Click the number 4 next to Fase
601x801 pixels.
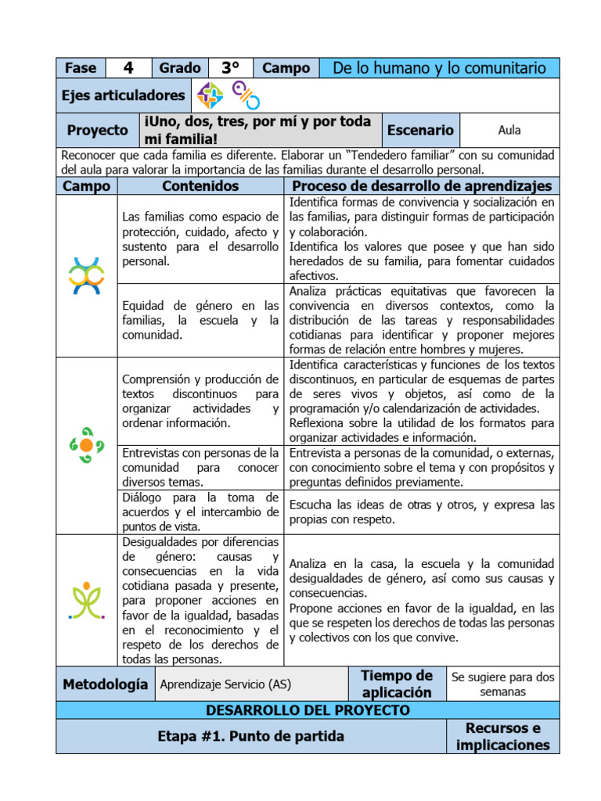[x=128, y=68]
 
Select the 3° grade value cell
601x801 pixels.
[x=229, y=68]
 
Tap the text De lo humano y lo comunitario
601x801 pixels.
[x=439, y=68]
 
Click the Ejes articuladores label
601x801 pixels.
[x=124, y=95]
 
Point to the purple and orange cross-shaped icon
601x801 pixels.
[x=210, y=95]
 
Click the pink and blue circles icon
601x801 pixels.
[x=246, y=95]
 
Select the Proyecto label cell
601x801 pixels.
[x=97, y=131]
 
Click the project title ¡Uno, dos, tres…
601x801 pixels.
[x=257, y=131]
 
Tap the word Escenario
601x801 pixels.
[x=420, y=131]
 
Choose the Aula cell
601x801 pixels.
[x=509, y=131]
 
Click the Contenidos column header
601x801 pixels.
[x=200, y=185]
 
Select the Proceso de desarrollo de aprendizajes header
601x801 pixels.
[x=422, y=185]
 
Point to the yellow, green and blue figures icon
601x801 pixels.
[x=86, y=275]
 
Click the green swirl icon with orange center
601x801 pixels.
[x=86, y=444]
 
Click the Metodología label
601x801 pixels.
[x=105, y=684]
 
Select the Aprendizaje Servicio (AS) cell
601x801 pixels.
[x=225, y=684]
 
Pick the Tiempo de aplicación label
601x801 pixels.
[x=397, y=684]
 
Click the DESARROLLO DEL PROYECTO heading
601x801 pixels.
[x=308, y=710]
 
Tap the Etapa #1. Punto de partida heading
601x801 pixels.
[x=250, y=737]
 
